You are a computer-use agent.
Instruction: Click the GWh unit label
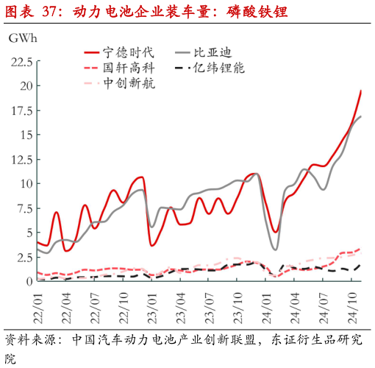point(21,37)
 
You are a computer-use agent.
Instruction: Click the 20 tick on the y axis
point(26,86)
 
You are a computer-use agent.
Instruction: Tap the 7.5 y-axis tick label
point(23,208)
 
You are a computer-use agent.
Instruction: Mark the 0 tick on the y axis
point(29,281)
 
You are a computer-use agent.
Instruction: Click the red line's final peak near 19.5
point(360,91)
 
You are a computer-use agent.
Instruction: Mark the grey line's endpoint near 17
point(360,116)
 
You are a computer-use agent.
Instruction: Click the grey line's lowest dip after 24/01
point(276,250)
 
